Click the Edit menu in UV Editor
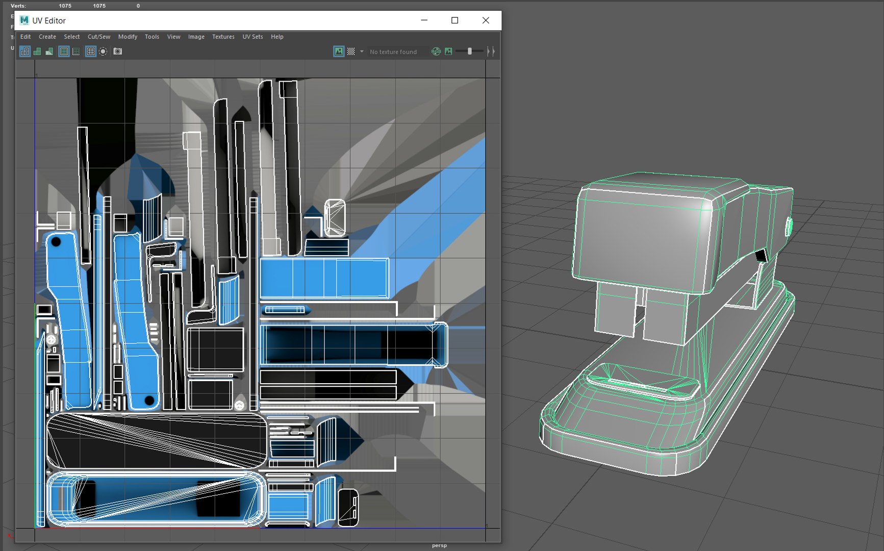26,37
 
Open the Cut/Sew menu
98,37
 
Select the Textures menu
223,37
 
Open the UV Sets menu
252,37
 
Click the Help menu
277,37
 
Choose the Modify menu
128,37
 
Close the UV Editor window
486,20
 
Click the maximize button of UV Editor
454,20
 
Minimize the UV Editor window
424,20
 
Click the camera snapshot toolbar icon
118,52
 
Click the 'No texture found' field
393,52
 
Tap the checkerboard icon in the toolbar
351,52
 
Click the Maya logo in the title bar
24,20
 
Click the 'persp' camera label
439,545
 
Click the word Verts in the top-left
18,6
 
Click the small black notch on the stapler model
761,255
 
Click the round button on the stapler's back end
789,227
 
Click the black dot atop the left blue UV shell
56,242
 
